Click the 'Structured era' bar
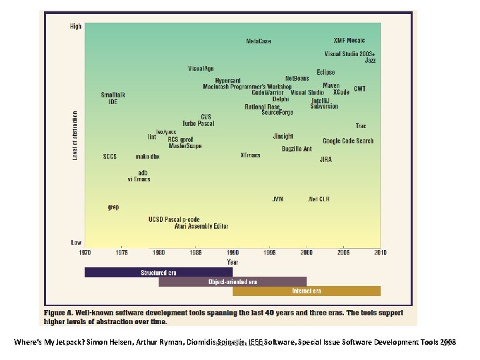tap(158, 272)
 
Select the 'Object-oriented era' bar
tap(232, 281)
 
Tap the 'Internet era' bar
tap(306, 291)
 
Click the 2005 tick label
tap(343, 253)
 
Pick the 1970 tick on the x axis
tap(85, 253)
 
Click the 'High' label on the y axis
tap(76, 27)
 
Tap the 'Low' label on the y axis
tap(77, 242)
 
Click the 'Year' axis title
tap(232, 262)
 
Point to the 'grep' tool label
tap(113, 207)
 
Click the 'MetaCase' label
tap(259, 41)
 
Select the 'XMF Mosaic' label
tap(349, 39)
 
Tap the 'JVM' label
tap(277, 199)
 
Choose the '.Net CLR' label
tap(317, 199)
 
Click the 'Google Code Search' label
tap(348, 141)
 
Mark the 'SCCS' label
tap(110, 157)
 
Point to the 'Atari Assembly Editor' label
tap(201, 227)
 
